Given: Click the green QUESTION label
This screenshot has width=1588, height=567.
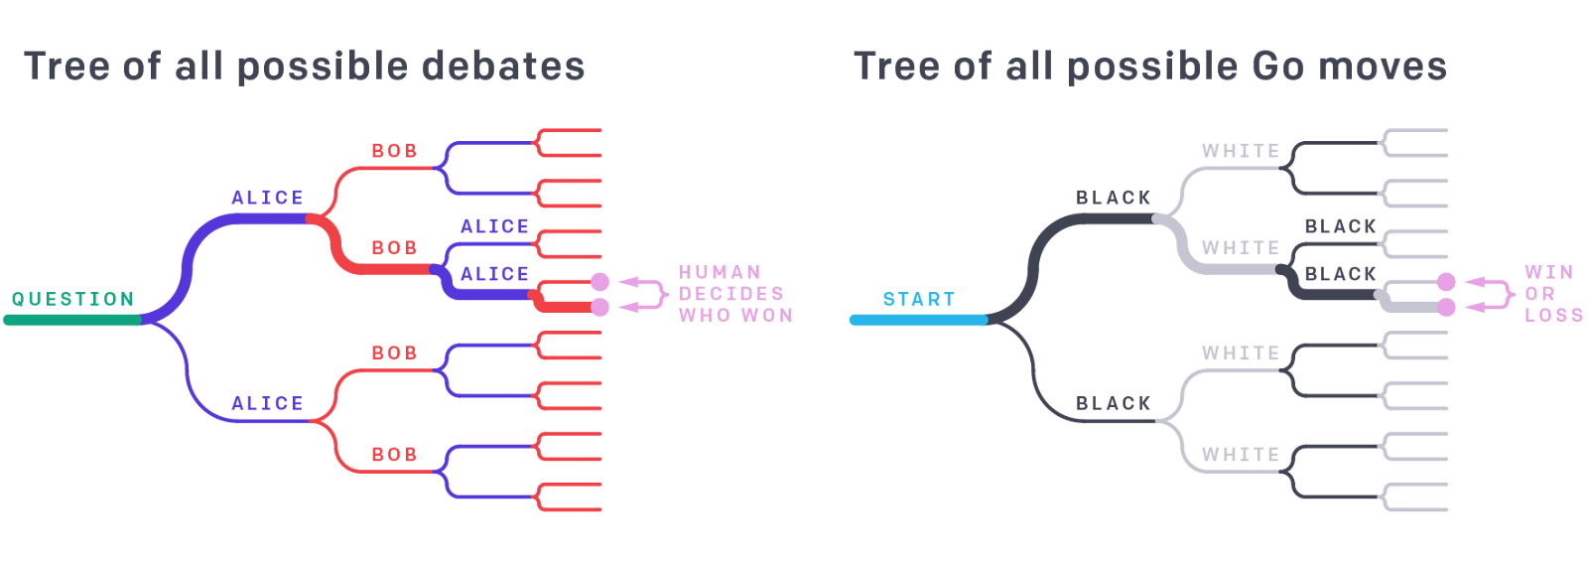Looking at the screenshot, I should (72, 299).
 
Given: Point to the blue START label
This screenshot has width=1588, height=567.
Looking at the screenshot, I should (919, 299).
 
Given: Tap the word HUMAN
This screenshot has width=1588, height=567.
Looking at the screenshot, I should (721, 272).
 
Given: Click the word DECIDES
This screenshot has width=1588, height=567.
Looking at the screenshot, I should (731, 294).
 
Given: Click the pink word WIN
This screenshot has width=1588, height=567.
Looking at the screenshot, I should (1548, 272).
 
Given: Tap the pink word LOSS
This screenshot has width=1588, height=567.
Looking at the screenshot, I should (1553, 315).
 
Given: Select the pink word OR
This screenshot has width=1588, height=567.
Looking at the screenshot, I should (1539, 294).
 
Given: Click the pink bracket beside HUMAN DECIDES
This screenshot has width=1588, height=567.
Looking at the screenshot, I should (659, 294).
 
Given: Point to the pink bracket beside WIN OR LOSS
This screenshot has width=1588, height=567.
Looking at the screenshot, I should (1506, 294).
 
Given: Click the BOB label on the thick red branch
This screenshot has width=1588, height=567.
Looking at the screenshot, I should (394, 248).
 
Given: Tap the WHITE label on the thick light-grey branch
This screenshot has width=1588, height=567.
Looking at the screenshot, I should (1241, 248).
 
